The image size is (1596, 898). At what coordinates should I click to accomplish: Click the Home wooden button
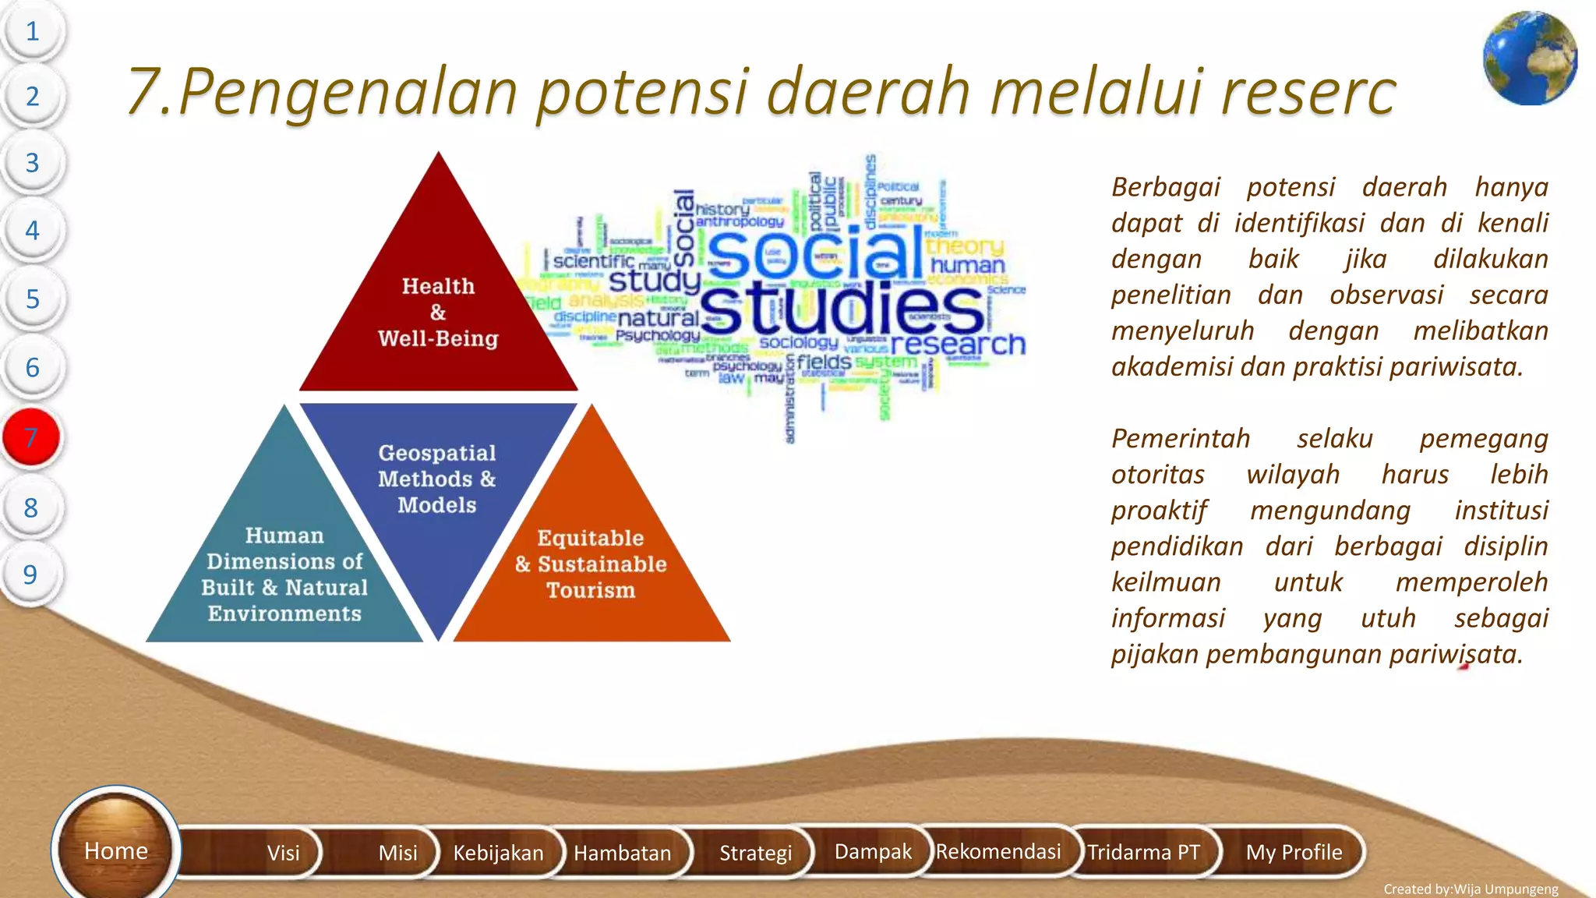point(115,850)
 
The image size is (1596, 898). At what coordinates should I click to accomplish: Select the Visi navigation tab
point(283,852)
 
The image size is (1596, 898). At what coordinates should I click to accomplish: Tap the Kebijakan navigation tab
point(498,852)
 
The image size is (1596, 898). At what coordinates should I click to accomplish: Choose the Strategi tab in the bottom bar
point(754,852)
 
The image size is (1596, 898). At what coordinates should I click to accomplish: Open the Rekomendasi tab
point(997,851)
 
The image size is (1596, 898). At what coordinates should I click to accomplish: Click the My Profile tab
point(1294,852)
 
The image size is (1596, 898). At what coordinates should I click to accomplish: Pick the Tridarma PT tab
point(1143,852)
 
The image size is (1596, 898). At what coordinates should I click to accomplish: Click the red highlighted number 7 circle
point(31,437)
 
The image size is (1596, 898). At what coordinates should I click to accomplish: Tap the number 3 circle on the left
point(32,163)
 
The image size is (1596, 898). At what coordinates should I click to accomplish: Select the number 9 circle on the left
point(30,575)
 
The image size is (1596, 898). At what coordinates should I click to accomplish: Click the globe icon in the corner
point(1530,58)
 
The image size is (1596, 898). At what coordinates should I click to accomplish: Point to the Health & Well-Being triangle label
point(438,312)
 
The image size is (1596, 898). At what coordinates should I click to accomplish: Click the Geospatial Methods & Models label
point(437,479)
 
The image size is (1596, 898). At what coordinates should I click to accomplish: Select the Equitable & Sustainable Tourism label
point(591,564)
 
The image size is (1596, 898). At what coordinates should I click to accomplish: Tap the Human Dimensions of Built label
point(284,575)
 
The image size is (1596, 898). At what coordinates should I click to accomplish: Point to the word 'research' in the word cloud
point(958,344)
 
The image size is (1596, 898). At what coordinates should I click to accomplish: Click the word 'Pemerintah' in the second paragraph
point(1180,438)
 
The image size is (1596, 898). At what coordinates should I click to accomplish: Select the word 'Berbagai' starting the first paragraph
point(1165,187)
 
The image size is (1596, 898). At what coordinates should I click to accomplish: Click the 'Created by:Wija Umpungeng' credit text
point(1471,889)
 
